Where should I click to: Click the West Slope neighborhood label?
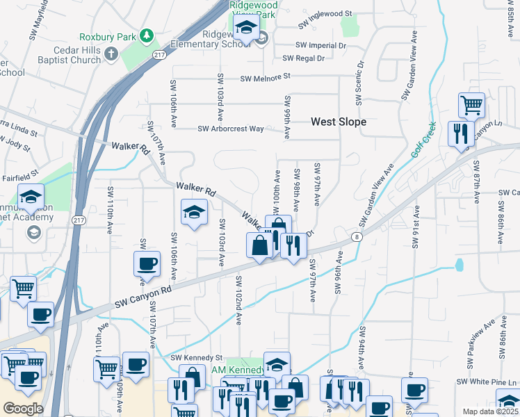(338, 122)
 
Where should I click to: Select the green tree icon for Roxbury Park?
(146, 35)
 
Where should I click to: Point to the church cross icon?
(111, 53)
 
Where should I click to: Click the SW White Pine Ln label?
(487, 382)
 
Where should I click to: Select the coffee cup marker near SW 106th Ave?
(147, 265)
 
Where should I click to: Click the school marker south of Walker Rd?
(195, 213)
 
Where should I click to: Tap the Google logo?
(23, 408)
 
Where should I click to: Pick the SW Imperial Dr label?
(320, 45)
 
